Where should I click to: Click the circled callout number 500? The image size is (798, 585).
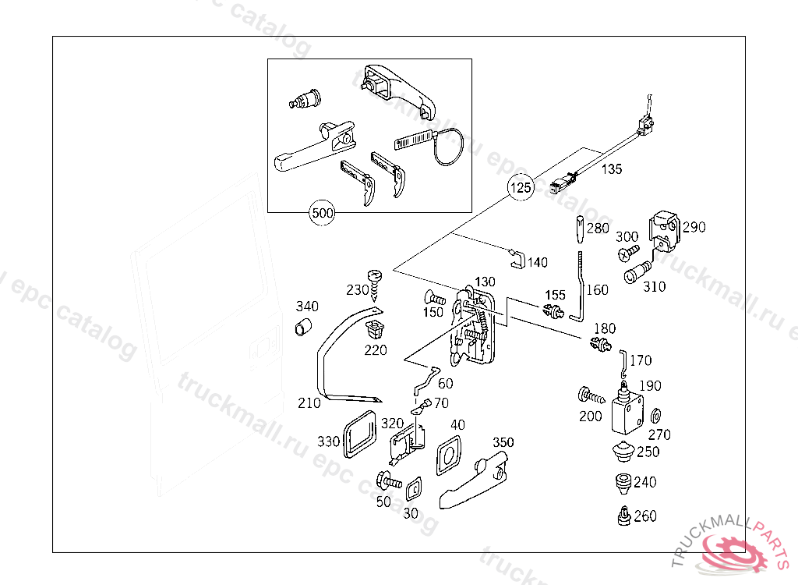coord(322,212)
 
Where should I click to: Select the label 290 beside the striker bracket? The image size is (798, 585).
coord(694,228)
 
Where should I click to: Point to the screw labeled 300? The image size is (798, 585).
coord(629,253)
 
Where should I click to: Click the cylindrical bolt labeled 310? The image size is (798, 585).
coord(635,274)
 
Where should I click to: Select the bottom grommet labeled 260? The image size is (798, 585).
coord(623,516)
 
